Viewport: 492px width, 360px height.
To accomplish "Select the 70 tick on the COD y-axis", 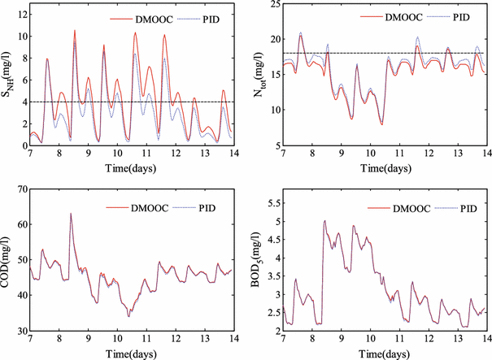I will [x=20, y=189].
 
